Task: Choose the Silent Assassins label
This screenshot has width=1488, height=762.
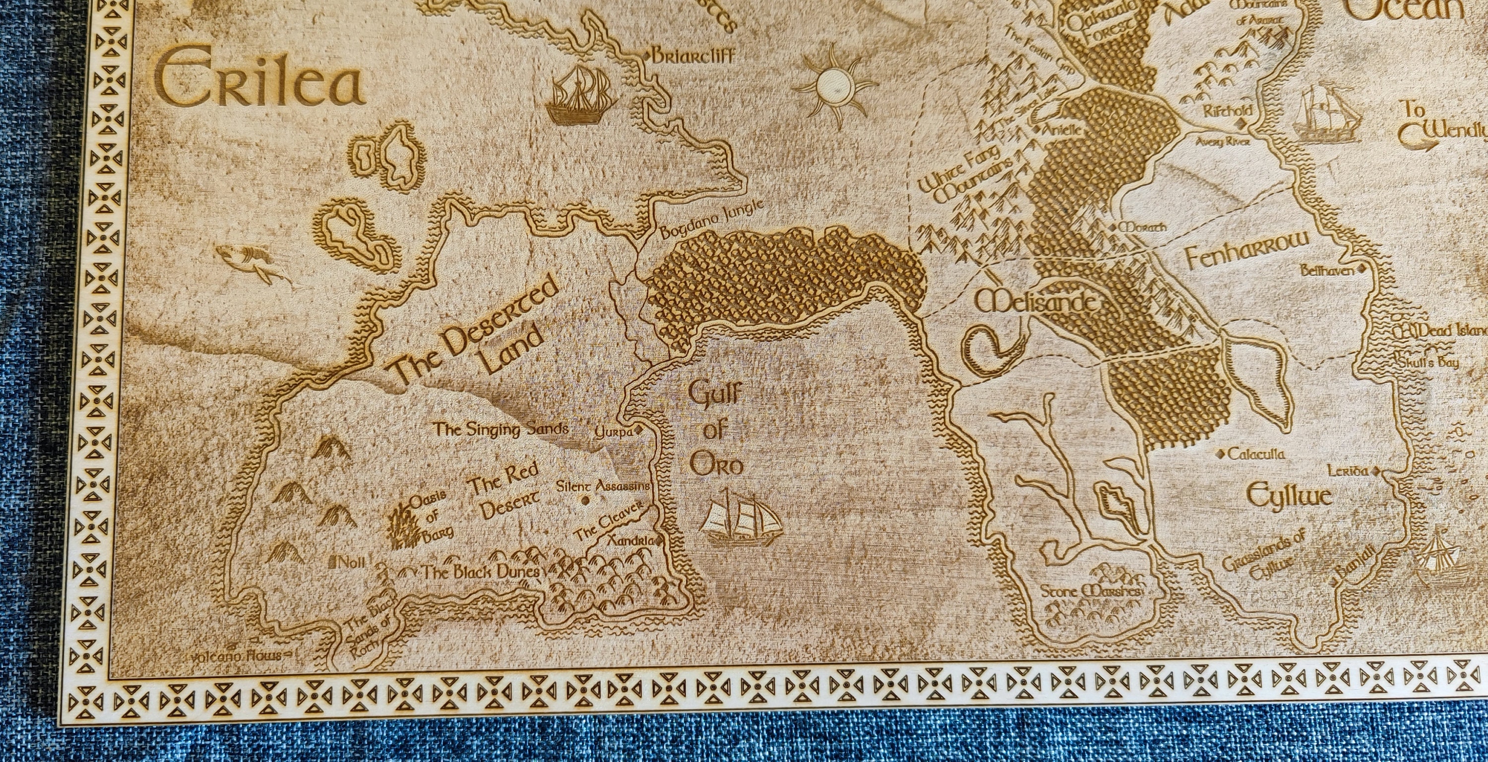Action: pyautogui.click(x=603, y=486)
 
